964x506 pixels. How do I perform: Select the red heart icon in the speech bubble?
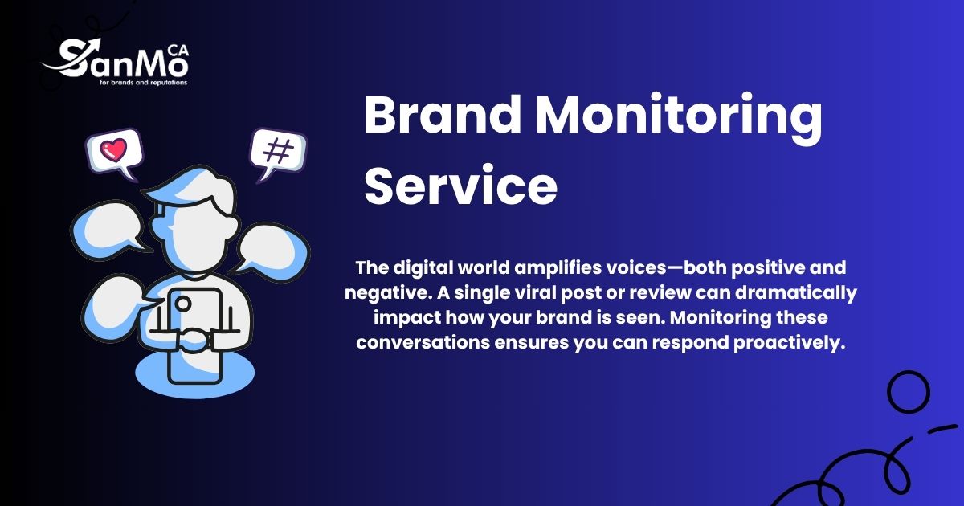click(x=114, y=150)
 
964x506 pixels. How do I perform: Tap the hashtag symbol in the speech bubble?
click(x=277, y=151)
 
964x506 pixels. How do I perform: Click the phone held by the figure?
click(x=192, y=333)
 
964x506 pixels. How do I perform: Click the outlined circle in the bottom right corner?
click(x=908, y=393)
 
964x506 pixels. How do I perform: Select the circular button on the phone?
click(x=183, y=304)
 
